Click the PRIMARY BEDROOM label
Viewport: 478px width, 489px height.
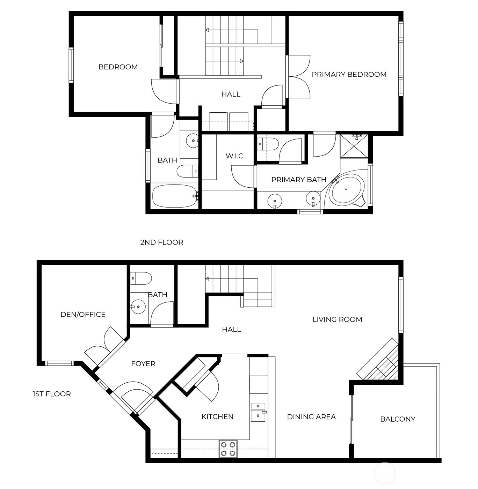pyautogui.click(x=349, y=74)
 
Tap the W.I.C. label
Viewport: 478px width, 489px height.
pyautogui.click(x=235, y=156)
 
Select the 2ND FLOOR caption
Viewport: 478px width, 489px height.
pyautogui.click(x=161, y=242)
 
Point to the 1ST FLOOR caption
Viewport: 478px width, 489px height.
pyautogui.click(x=52, y=394)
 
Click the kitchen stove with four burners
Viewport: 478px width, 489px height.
pyautogui.click(x=228, y=449)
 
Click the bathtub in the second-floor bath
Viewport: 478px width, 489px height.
pyautogui.click(x=174, y=196)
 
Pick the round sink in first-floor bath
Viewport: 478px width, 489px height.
pyautogui.click(x=139, y=307)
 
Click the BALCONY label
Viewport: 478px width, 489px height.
pyautogui.click(x=397, y=419)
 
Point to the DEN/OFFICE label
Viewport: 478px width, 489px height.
pyautogui.click(x=83, y=314)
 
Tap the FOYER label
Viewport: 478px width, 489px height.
pyautogui.click(x=143, y=364)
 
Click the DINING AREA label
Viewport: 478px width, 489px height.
pyautogui.click(x=311, y=416)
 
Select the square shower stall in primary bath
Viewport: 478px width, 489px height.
pyautogui.click(x=354, y=146)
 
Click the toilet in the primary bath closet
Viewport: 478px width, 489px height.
pyautogui.click(x=268, y=143)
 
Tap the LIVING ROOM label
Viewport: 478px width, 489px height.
pyautogui.click(x=337, y=319)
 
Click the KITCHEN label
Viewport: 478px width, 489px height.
pyautogui.click(x=217, y=416)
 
